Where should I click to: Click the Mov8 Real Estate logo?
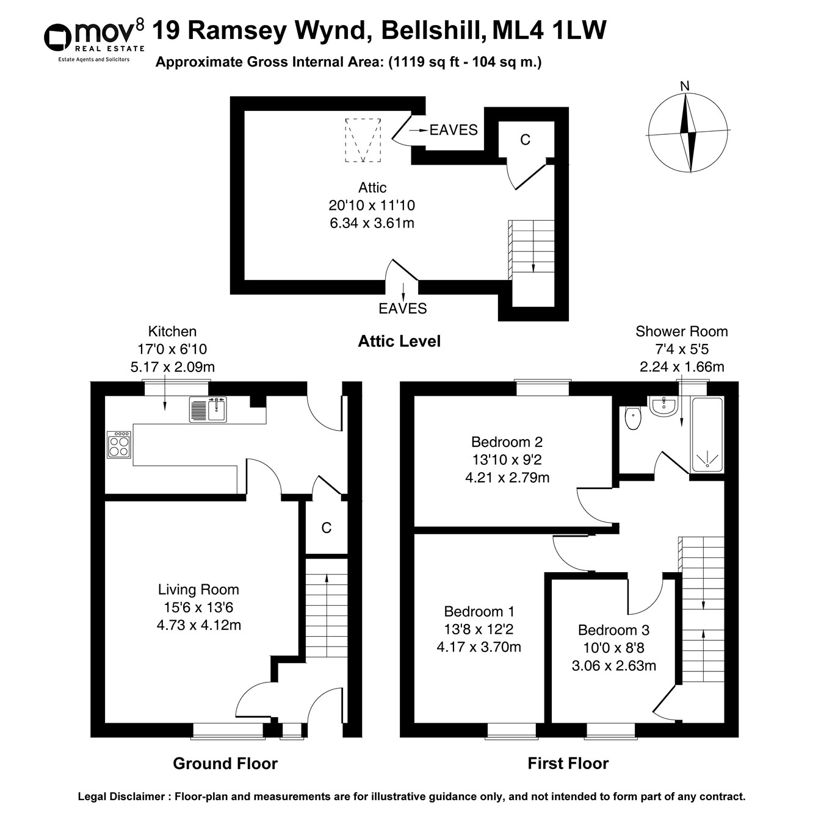tap(94, 38)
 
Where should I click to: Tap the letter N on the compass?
tap(685, 86)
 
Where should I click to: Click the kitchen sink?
tap(208, 409)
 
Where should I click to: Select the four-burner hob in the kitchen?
tap(118, 444)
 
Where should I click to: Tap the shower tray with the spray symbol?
tap(707, 434)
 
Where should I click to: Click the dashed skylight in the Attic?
tap(363, 140)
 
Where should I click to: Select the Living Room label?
tap(198, 590)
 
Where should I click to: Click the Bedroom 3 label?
tap(613, 630)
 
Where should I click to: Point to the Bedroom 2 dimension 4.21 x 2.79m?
tap(507, 478)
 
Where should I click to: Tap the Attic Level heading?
tap(399, 342)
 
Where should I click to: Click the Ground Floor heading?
tap(225, 764)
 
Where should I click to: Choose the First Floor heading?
tap(568, 764)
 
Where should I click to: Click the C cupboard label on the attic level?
tap(525, 140)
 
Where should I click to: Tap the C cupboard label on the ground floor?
tap(326, 528)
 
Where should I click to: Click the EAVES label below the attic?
tap(402, 309)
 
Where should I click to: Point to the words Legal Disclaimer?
tap(121, 797)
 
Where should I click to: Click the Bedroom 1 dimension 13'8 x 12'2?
tap(479, 629)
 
